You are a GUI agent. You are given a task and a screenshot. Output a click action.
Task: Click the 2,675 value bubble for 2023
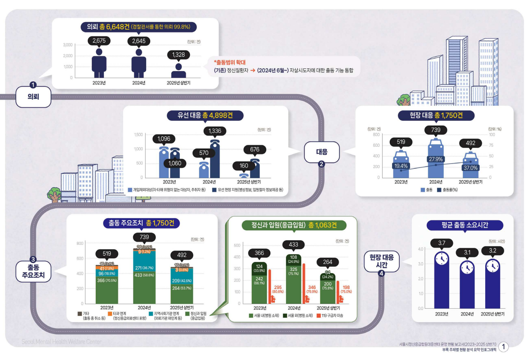click(x=98, y=41)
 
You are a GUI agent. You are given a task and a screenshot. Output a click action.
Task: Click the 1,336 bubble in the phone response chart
click(x=215, y=131)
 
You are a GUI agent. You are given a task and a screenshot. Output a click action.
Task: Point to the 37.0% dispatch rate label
click(x=470, y=167)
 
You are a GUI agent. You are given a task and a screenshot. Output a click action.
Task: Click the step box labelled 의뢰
click(x=33, y=96)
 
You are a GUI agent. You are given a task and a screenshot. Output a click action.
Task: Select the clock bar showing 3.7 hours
click(x=442, y=279)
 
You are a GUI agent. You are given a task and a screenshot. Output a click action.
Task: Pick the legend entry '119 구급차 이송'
click(x=332, y=315)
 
